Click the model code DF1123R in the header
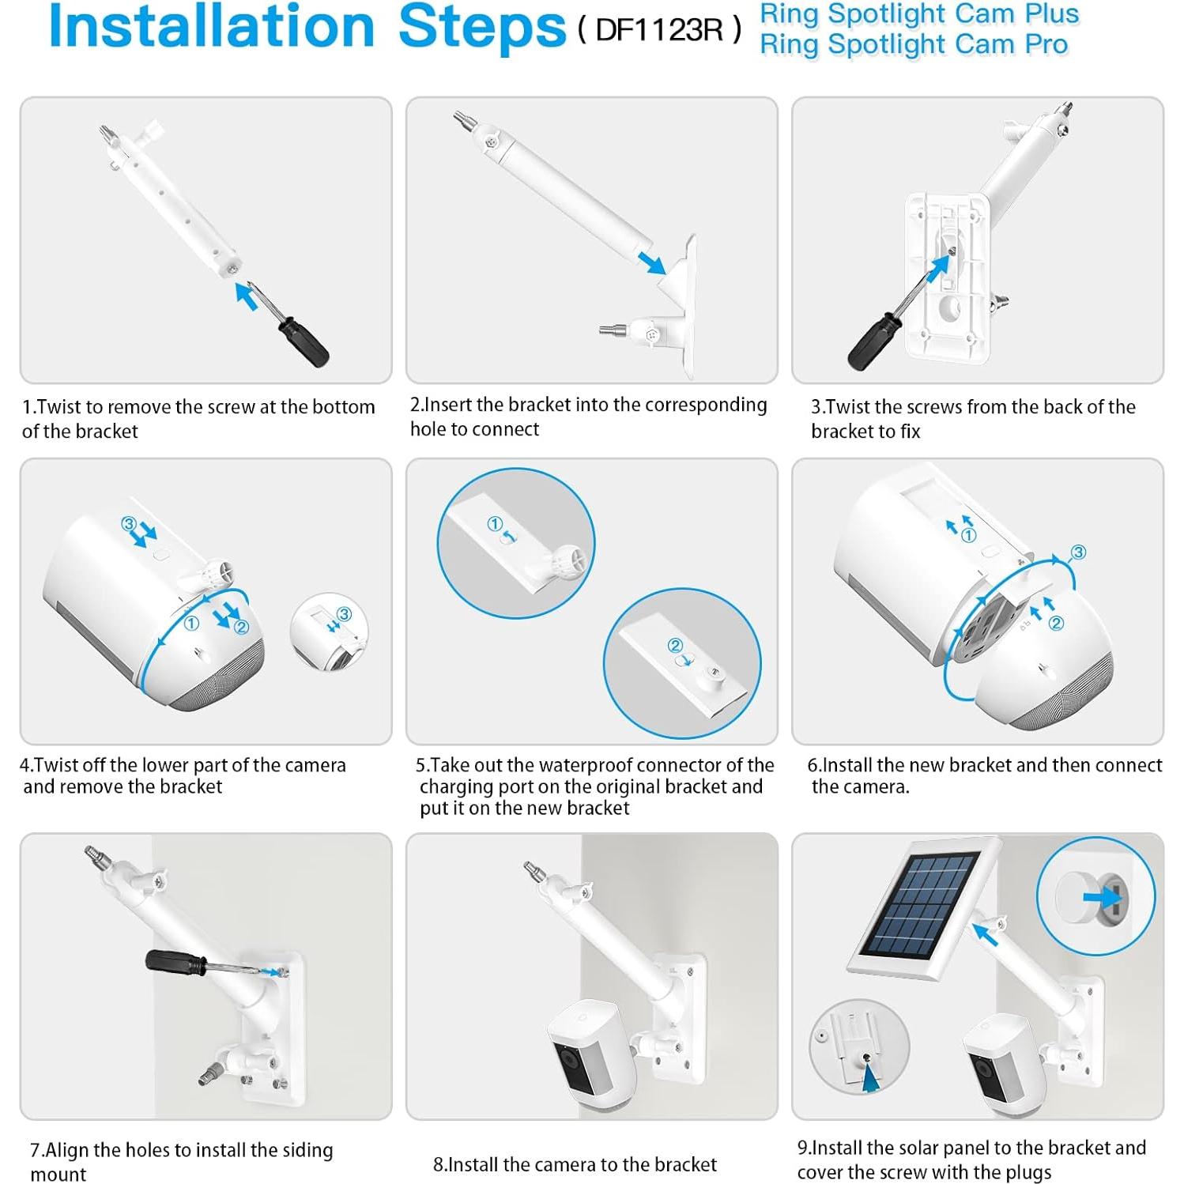coord(659,30)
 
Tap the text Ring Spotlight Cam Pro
coord(914,45)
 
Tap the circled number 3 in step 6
coord(1078,552)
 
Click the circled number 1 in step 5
coord(495,523)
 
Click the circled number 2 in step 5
coord(675,645)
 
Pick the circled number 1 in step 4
coord(191,623)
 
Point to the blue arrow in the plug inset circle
coord(1103,897)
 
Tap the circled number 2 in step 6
coord(1056,623)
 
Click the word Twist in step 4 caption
coord(58,765)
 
